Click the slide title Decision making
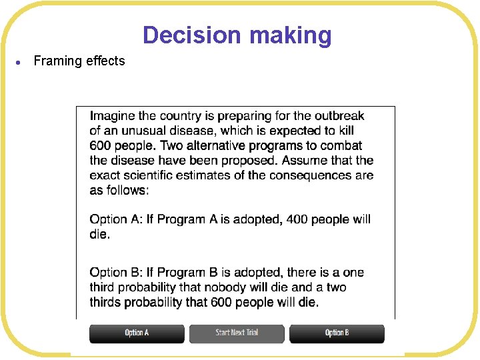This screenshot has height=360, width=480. [x=237, y=35]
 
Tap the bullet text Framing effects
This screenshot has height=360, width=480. [x=79, y=61]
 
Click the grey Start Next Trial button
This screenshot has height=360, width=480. [x=237, y=333]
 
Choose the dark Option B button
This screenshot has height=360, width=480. [x=337, y=333]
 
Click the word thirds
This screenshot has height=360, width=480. [x=107, y=302]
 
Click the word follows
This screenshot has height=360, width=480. [x=127, y=190]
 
